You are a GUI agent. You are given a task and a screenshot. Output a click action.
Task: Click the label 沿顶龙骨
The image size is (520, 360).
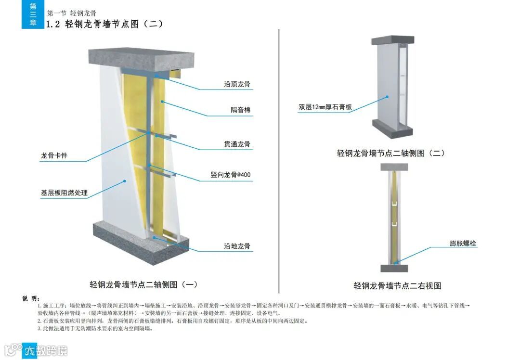click(237, 84)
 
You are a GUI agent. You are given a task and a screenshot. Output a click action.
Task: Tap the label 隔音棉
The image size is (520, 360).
click(240, 110)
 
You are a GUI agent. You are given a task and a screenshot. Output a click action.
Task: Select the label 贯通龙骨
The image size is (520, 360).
click(237, 144)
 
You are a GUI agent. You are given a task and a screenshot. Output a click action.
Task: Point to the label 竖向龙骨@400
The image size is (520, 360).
click(230, 175)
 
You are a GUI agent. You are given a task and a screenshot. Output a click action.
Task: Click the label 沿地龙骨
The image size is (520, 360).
click(237, 246)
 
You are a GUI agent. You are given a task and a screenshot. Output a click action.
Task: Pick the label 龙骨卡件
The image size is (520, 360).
click(54, 156)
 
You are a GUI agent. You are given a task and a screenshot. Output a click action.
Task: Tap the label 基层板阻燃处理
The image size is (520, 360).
click(64, 193)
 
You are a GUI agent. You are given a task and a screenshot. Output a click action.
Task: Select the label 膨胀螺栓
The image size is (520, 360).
click(463, 244)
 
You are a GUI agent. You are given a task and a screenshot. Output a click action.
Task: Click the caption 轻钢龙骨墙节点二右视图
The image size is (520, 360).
click(398, 286)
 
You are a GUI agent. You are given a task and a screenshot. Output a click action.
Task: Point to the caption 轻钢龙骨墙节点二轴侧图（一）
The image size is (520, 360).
click(144, 284)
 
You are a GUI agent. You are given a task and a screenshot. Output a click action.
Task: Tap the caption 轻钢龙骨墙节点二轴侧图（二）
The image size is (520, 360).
click(390, 154)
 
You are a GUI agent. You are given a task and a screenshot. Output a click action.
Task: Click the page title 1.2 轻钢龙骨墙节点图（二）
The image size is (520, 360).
click(104, 24)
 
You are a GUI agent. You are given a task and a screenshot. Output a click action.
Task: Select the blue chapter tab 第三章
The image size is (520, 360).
click(33, 14)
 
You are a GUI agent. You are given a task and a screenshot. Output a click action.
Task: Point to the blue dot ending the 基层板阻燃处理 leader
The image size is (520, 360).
click(125, 181)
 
